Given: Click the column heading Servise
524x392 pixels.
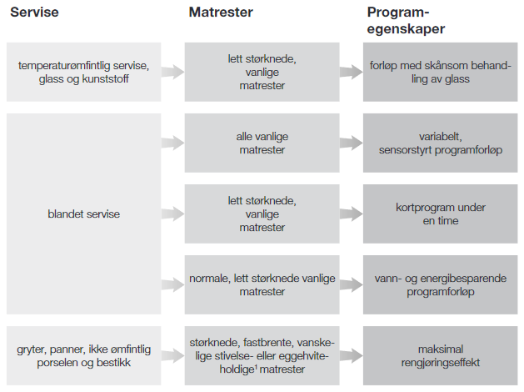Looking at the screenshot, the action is point(34,13).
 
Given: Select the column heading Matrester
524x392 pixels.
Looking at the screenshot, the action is point(221,13).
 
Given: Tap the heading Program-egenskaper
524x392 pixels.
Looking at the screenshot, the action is point(406,20).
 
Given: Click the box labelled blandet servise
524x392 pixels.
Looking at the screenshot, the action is point(83,214).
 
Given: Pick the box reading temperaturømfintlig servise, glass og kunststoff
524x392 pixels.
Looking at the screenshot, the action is point(83,72).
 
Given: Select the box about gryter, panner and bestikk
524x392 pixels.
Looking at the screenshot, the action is point(83,355).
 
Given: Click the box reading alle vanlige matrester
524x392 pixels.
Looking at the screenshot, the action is point(262,143).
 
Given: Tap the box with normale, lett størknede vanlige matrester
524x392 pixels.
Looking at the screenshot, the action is point(262,284).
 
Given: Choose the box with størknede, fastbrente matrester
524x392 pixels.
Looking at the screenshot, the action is point(262,355).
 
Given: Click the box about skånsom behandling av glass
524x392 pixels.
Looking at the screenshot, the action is point(441,72).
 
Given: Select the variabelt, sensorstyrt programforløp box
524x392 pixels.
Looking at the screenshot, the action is point(441,143).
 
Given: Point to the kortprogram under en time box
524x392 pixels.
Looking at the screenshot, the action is point(441,214).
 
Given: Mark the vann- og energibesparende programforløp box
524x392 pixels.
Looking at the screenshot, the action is point(441,284).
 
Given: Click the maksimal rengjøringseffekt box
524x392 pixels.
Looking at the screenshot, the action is point(441,355).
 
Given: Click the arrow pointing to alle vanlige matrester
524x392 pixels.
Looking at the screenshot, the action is point(172,143).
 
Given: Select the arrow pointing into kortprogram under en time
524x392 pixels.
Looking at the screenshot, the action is point(352,214).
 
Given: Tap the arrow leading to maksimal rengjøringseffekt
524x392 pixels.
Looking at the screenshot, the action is point(352,355).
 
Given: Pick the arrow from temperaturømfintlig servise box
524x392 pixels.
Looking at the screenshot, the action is point(172,72).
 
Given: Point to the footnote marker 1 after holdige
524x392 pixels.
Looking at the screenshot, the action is point(256,366).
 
